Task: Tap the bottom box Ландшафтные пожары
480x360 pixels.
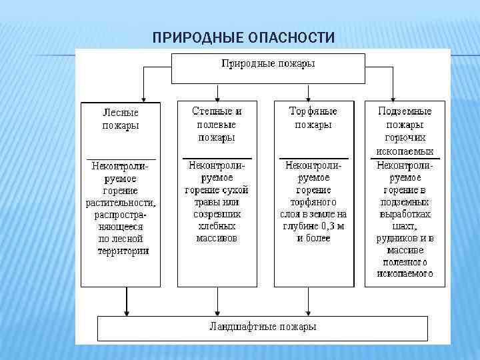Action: click(x=263, y=327)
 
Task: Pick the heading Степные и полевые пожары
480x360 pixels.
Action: click(x=216, y=124)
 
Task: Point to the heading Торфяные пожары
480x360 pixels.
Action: click(x=313, y=118)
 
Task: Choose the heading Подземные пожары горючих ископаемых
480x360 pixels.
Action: click(x=405, y=131)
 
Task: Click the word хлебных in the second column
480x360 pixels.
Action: click(x=217, y=226)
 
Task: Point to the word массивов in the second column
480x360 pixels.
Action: click(x=217, y=238)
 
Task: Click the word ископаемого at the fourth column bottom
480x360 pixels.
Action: click(x=405, y=273)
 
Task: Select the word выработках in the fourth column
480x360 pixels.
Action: click(x=405, y=214)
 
